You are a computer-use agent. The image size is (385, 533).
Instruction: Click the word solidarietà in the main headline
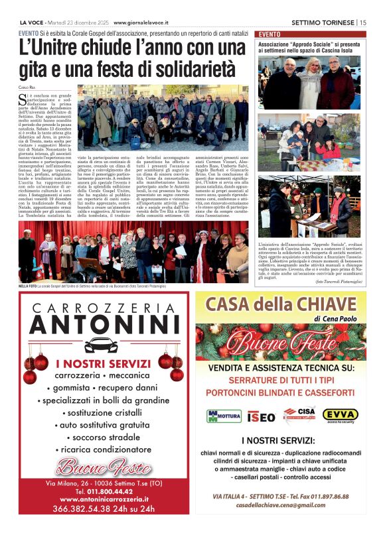[x=193, y=68]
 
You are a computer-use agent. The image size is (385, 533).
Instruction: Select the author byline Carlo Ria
[x=27, y=87]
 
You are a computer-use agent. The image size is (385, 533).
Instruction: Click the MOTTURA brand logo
[x=224, y=416]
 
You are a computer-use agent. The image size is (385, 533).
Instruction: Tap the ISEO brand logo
[x=260, y=416]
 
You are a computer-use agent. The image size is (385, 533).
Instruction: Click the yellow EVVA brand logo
[x=341, y=415]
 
